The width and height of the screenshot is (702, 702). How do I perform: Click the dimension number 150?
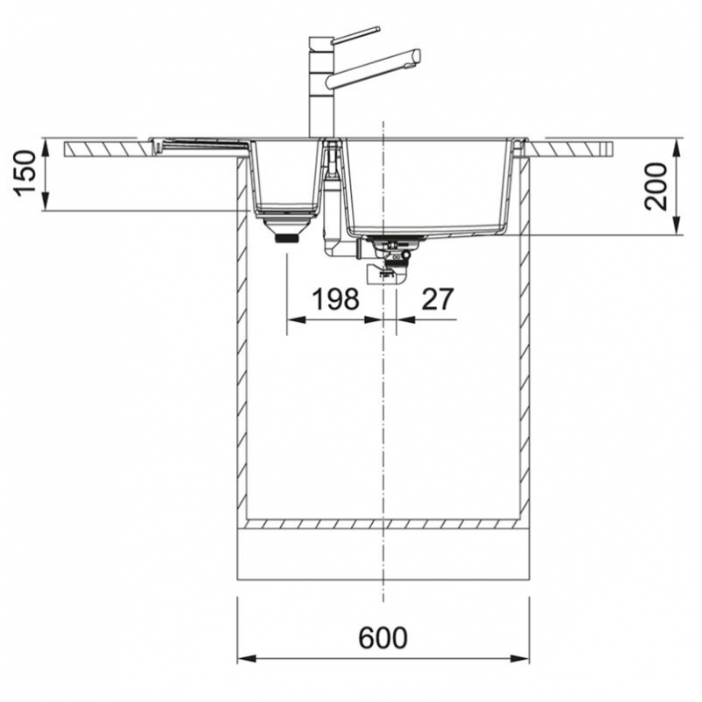[x=25, y=173]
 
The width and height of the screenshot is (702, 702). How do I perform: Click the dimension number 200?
[x=655, y=187]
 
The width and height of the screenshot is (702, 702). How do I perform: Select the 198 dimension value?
[x=336, y=299]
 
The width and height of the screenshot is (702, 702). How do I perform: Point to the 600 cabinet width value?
[x=383, y=638]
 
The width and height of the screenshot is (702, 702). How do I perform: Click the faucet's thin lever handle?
[x=355, y=34]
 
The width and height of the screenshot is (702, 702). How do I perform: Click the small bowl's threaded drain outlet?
[x=287, y=238]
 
